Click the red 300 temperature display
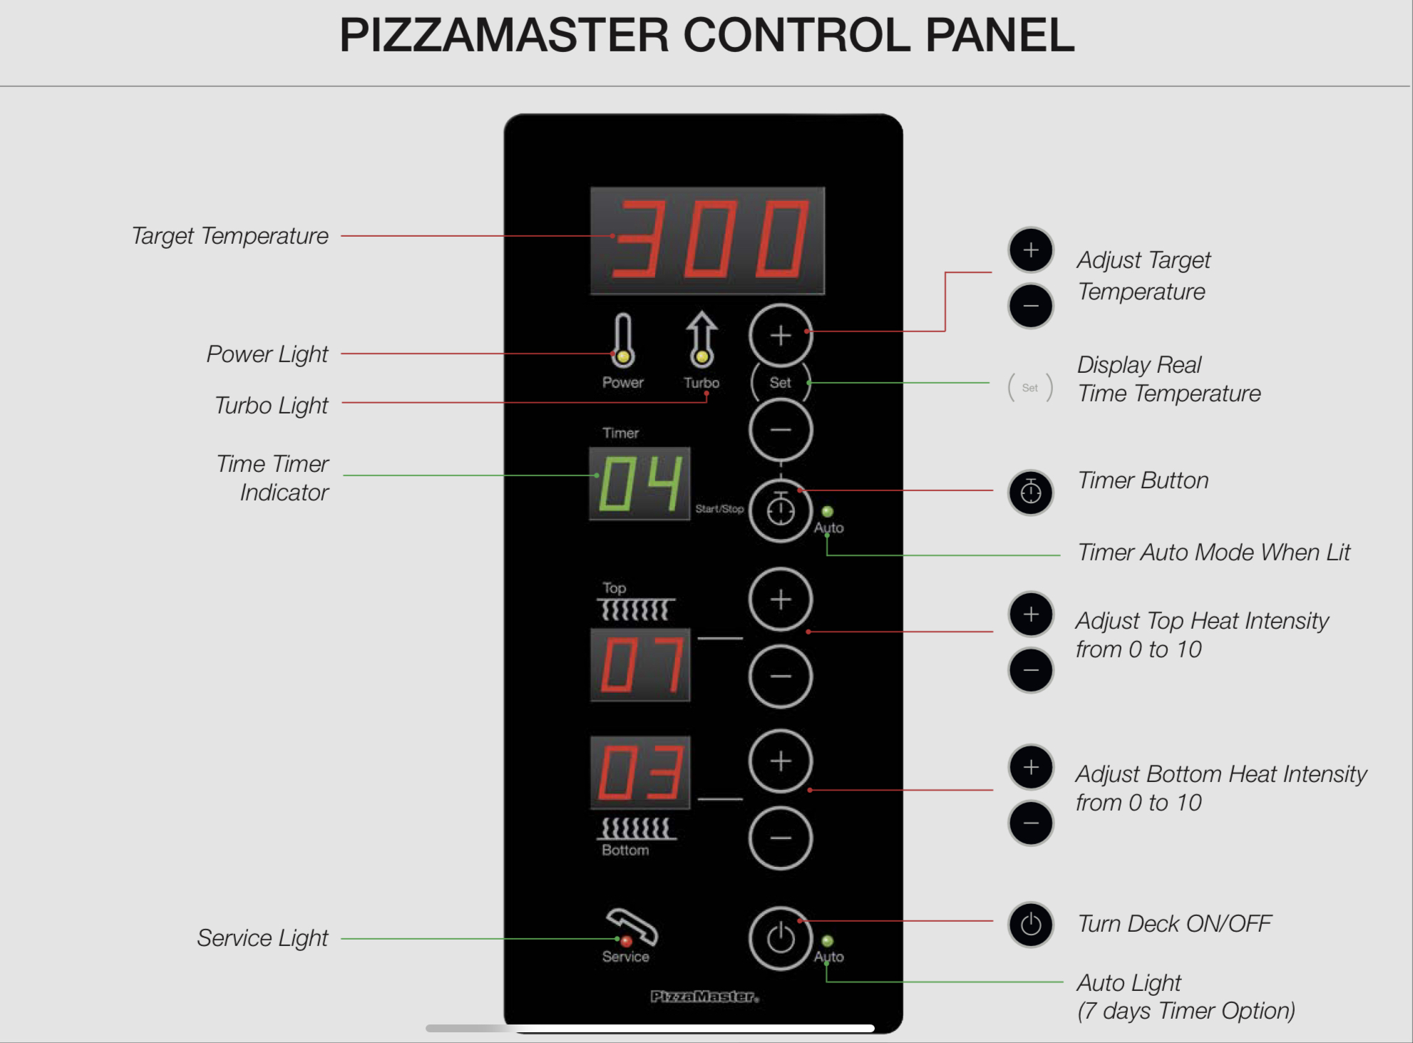click(707, 240)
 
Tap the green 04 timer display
click(639, 484)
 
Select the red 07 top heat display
click(640, 664)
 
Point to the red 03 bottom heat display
click(640, 773)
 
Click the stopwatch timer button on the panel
click(781, 510)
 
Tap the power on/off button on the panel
click(781, 938)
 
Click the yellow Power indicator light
click(623, 356)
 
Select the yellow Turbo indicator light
click(702, 356)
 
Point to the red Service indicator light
click(627, 942)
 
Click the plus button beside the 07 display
click(781, 600)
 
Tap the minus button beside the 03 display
click(781, 838)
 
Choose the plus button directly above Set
click(781, 336)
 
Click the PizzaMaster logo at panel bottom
click(704, 996)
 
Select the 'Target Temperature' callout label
click(230, 236)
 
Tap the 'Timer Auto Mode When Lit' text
click(1213, 553)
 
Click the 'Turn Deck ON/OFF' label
click(1174, 924)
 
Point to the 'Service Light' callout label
click(262, 938)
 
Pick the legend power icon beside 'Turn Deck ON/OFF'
click(1031, 925)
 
